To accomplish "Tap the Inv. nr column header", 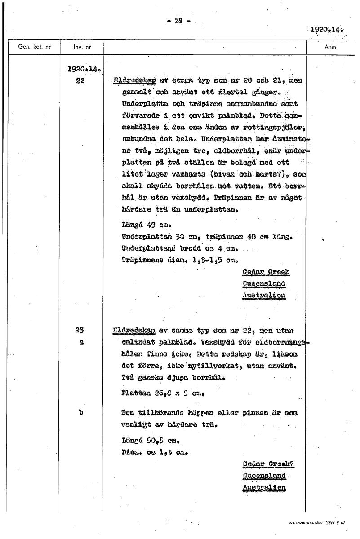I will coord(80,47).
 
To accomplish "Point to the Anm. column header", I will coord(330,47).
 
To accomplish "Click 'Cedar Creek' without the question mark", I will coord(266,272).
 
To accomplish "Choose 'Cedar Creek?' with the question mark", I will coord(267,464).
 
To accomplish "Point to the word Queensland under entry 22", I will coord(264,284).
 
